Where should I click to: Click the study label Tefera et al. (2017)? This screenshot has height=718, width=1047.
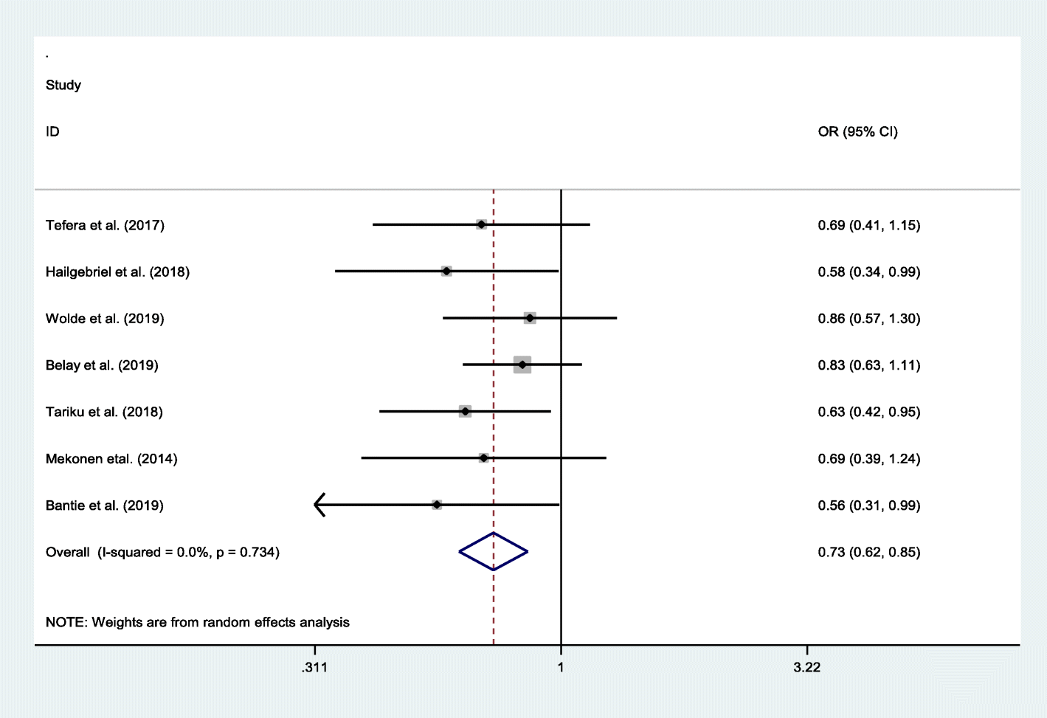105,225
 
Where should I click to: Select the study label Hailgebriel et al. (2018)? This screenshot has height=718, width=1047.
117,272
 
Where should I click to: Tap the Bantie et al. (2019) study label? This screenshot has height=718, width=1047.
105,505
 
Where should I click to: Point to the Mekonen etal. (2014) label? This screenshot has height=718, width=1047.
111,459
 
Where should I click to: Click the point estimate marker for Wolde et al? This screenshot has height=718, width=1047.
530,318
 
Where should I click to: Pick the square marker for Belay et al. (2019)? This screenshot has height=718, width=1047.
522,365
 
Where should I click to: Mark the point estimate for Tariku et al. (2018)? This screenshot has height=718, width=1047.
465,411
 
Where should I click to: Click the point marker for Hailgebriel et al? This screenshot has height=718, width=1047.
446,272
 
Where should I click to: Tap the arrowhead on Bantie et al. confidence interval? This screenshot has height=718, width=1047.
319,505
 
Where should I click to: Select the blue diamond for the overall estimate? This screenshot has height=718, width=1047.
494,551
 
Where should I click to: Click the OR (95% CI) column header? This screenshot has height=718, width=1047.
857,131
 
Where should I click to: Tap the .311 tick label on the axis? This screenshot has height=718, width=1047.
314,667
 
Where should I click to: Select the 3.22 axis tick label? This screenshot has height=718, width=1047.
806,667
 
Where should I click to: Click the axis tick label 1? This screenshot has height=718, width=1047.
561,667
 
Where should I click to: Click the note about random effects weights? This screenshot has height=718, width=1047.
198,622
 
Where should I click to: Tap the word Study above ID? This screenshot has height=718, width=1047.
63,85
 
